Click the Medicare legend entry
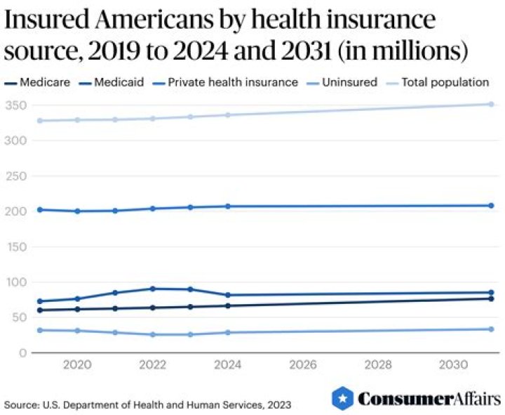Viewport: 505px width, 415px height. pyautogui.click(x=41, y=82)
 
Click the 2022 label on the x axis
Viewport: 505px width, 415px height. pyautogui.click(x=152, y=364)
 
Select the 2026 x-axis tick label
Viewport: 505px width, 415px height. pyautogui.click(x=303, y=364)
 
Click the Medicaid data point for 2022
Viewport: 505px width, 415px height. pyautogui.click(x=152, y=289)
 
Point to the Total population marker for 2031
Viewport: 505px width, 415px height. pyautogui.click(x=491, y=104)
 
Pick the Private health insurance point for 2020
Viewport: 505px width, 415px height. pyautogui.click(x=77, y=211)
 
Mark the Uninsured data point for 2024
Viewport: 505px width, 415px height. pyautogui.click(x=228, y=332)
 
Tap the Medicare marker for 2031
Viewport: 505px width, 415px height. pyautogui.click(x=491, y=299)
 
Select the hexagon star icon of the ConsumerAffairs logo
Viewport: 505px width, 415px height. pyautogui.click(x=342, y=398)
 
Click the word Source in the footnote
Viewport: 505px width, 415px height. pyautogui.click(x=20, y=405)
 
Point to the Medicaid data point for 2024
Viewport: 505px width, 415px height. pyautogui.click(x=228, y=295)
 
